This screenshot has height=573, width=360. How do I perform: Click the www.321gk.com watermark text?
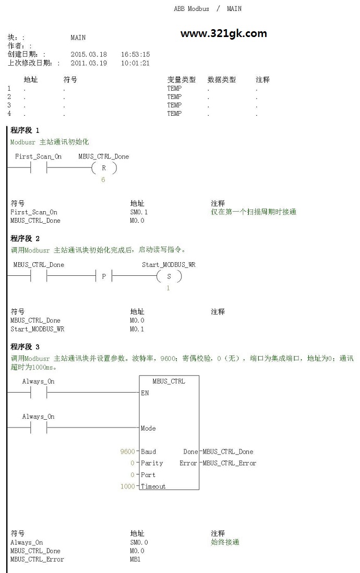223,33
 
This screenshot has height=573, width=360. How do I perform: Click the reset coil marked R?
104,168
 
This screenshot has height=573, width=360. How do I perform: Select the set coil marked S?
169,276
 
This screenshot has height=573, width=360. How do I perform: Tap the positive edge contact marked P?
104,276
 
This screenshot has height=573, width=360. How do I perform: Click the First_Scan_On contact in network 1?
39,168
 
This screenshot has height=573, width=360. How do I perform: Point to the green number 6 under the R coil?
103,180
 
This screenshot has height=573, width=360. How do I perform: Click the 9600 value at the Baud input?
127,452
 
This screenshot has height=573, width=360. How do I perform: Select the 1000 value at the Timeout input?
127,486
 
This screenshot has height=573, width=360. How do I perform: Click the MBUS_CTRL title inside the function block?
169,381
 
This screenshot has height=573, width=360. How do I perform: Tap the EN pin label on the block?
145,393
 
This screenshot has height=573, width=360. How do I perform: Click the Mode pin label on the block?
148,428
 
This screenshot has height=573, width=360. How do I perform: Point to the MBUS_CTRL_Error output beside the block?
230,463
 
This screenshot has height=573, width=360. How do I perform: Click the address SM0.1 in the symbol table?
139,212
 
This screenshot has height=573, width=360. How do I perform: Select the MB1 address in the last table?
135,559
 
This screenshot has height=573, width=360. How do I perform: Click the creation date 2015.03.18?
89,54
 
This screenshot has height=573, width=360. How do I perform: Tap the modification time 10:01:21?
135,63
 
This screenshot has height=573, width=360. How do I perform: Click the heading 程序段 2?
25,239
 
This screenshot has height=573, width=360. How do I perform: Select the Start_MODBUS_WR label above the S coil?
169,264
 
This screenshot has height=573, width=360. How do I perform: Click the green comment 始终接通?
225,542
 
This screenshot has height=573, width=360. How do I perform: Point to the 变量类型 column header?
182,80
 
